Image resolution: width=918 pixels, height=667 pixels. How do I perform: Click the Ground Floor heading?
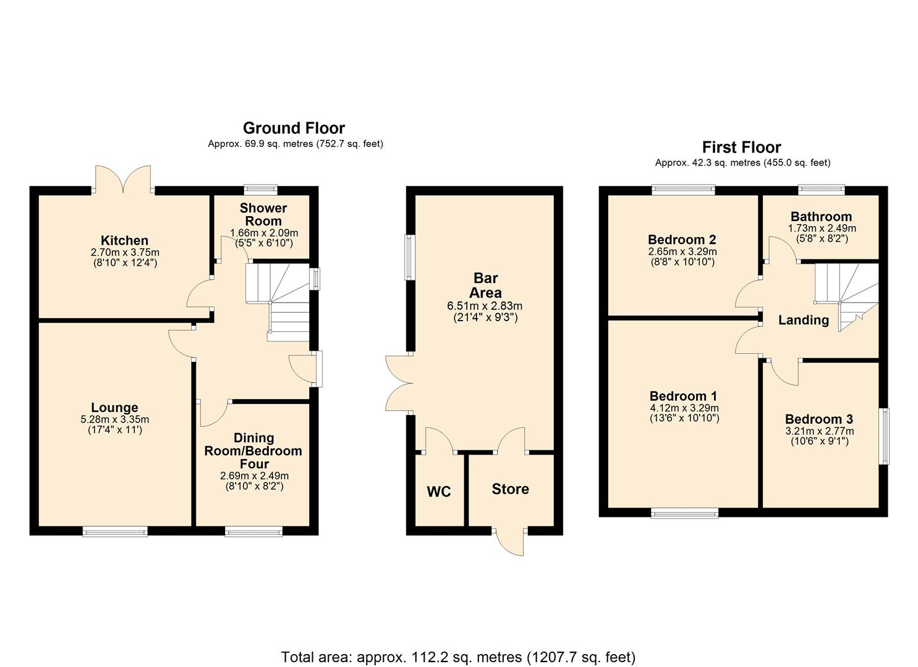pos(294,128)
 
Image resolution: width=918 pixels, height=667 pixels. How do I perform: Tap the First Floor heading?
pos(741,147)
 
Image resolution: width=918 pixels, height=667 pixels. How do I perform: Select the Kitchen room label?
pos(124,240)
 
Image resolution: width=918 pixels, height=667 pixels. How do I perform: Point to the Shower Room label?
pos(263,214)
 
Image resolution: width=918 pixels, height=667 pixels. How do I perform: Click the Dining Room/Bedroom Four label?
pos(253,451)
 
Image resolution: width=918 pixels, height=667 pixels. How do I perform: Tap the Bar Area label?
pos(485,285)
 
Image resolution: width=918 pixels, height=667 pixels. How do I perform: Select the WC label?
pos(439,492)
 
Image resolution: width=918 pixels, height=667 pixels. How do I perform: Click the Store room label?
pos(510,489)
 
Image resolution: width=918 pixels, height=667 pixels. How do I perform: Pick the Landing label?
pos(803,320)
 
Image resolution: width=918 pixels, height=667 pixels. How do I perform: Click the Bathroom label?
pos(821,216)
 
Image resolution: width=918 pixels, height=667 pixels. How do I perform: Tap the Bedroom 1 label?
pos(683,396)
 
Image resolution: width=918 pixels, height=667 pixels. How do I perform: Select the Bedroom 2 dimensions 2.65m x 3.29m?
pos(682,251)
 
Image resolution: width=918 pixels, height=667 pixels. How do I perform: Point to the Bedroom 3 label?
pos(819,419)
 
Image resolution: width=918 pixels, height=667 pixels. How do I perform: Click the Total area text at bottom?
pos(458,657)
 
